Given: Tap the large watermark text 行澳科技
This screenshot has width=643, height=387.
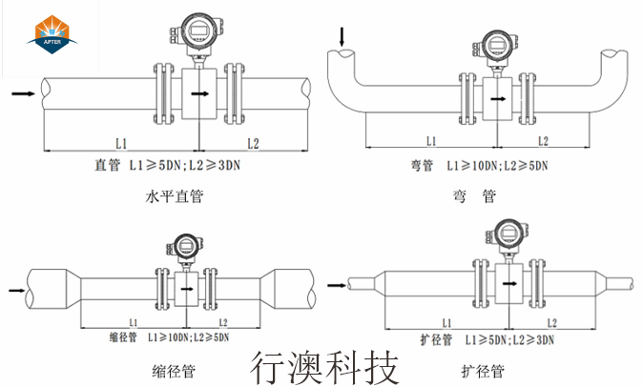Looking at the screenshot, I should [x=324, y=366].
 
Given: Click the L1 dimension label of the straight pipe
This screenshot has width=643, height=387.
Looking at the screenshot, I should [x=121, y=143].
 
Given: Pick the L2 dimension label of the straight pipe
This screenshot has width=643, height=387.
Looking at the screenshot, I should [x=253, y=143].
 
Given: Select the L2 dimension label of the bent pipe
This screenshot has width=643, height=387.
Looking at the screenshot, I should [x=542, y=142].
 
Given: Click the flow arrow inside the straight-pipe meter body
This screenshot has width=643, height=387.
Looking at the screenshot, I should [x=199, y=94].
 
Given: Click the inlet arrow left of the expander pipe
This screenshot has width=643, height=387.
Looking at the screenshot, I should [x=336, y=284].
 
